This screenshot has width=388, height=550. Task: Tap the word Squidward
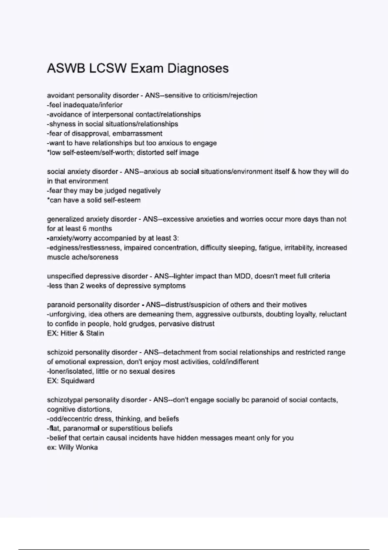(x=78, y=381)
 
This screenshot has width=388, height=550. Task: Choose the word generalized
(x=66, y=219)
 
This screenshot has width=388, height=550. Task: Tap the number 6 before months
(x=84, y=229)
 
